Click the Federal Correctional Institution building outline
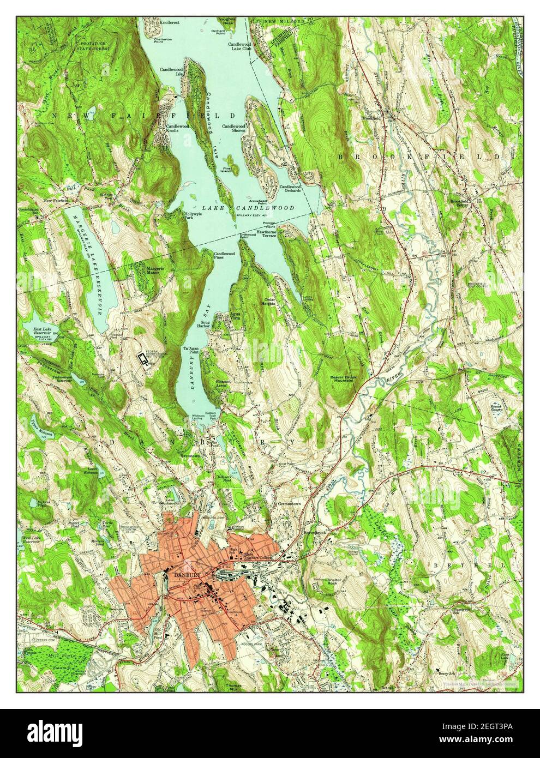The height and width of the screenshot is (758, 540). point(144,358)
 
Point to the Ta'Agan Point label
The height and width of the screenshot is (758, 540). point(190,350)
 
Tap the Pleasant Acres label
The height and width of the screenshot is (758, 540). point(224,383)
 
